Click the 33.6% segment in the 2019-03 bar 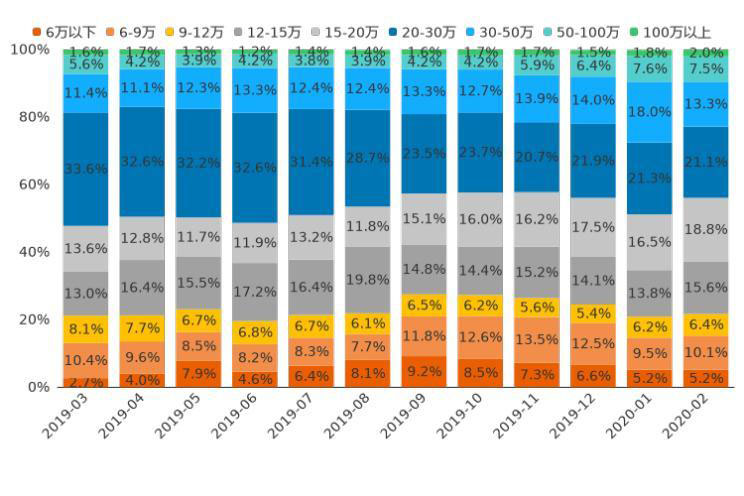[85, 169]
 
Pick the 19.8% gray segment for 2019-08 [367, 278]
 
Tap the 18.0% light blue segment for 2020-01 [650, 112]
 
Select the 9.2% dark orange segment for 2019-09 [424, 372]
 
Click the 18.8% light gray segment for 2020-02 [706, 229]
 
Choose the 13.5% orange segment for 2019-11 [537, 339]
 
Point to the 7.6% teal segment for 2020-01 [650, 68]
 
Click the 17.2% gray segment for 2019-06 [254, 292]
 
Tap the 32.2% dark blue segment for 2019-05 [198, 162]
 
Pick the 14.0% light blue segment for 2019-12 [593, 100]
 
